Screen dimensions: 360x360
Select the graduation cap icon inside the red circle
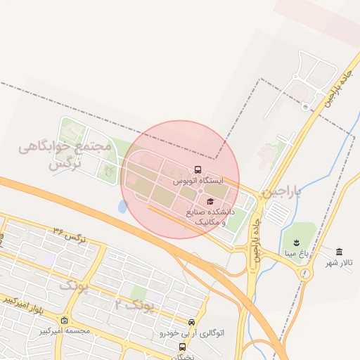tap(210, 202)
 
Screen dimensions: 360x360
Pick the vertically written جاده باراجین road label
tap(255, 243)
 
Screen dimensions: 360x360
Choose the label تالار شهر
tap(338, 263)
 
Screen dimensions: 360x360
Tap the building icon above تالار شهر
tap(340, 252)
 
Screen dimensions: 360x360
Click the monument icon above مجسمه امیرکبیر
tap(65, 321)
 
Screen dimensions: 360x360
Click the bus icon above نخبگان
tap(183, 347)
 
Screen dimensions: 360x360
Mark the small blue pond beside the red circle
tap(123, 207)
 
